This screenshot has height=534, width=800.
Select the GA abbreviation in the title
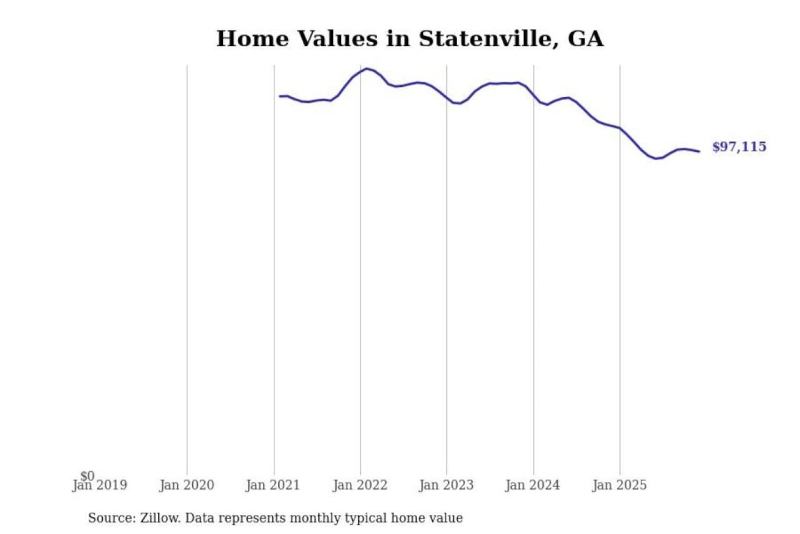click(585, 39)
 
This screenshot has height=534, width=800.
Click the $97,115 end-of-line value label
click(739, 147)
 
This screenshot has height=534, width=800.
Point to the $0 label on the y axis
click(87, 476)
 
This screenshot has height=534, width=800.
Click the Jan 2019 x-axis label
click(100, 486)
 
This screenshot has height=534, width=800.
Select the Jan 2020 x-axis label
click(187, 486)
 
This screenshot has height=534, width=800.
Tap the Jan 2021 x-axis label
click(273, 486)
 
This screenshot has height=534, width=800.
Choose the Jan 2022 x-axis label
click(360, 486)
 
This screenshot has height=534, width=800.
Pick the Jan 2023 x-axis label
click(446, 486)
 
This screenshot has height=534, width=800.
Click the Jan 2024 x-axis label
click(533, 486)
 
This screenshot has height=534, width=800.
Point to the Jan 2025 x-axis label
click(619, 486)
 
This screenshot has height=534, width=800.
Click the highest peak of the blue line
click(367, 68)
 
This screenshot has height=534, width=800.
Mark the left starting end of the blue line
click(279, 96)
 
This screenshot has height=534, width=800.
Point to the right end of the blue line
click(699, 151)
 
